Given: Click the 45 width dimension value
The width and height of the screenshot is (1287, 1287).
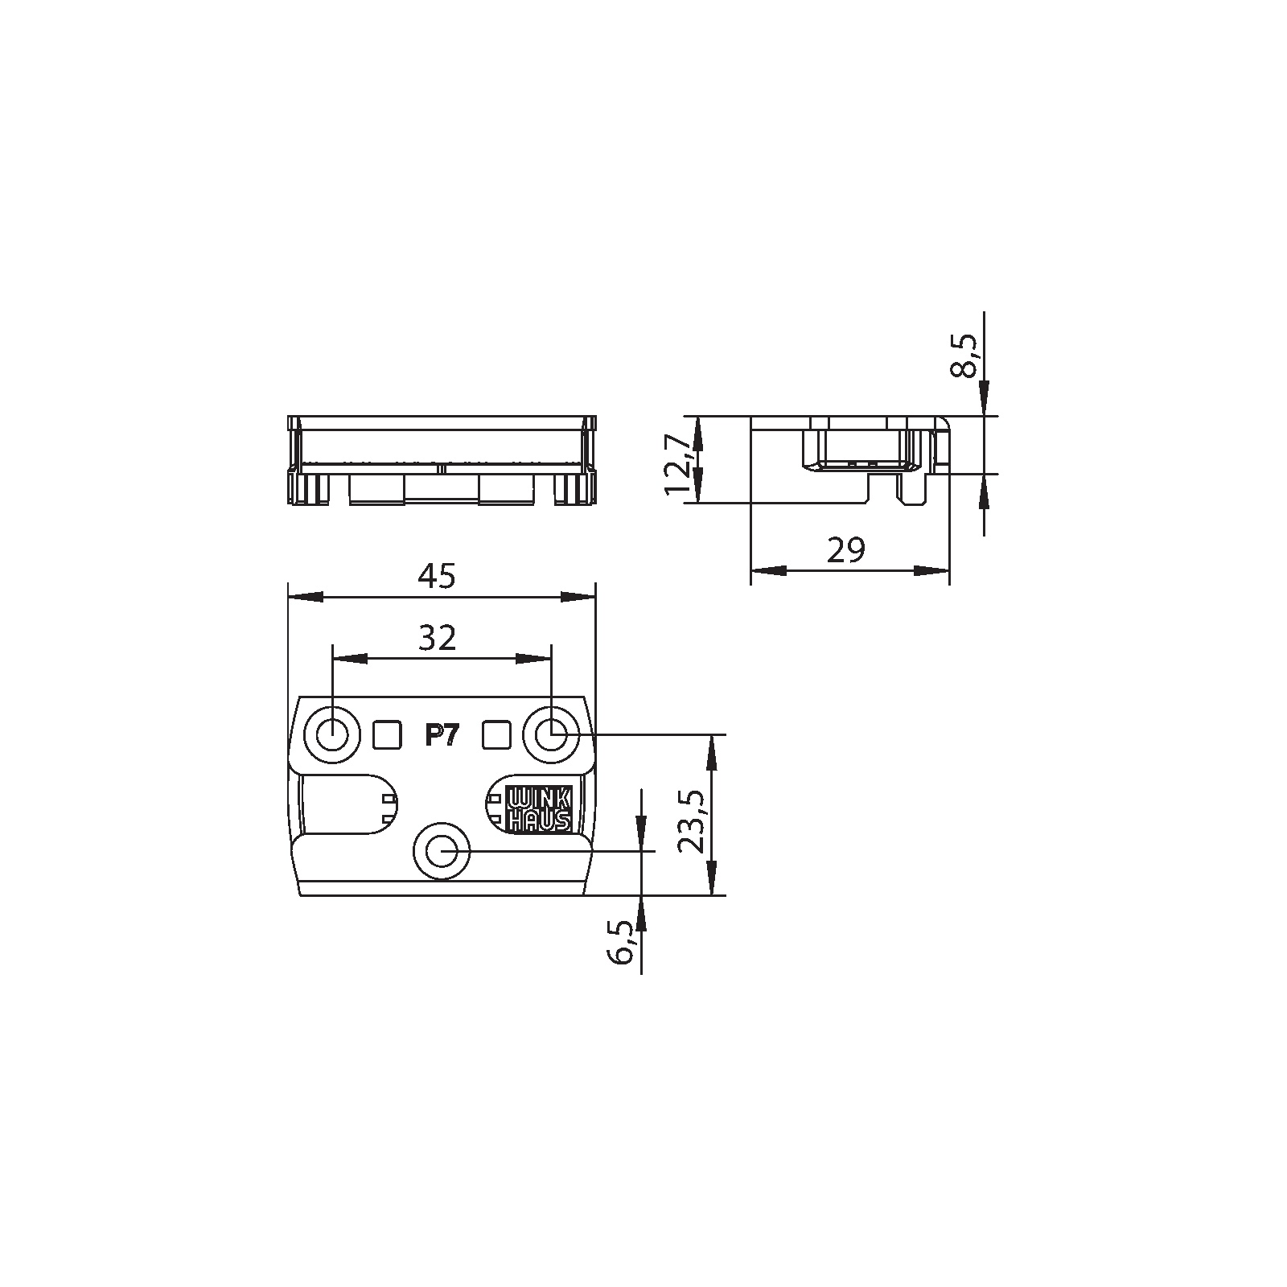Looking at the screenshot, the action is (x=438, y=576).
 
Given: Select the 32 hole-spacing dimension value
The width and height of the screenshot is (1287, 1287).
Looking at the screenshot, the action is (x=438, y=638).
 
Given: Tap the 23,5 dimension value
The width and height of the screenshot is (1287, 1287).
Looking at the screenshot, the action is (x=692, y=820).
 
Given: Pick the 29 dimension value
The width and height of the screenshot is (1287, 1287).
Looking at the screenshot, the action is (x=845, y=550).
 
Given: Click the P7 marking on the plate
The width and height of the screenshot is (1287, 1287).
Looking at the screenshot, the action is (x=441, y=735).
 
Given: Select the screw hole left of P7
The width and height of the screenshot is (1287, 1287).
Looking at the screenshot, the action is (x=331, y=734).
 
